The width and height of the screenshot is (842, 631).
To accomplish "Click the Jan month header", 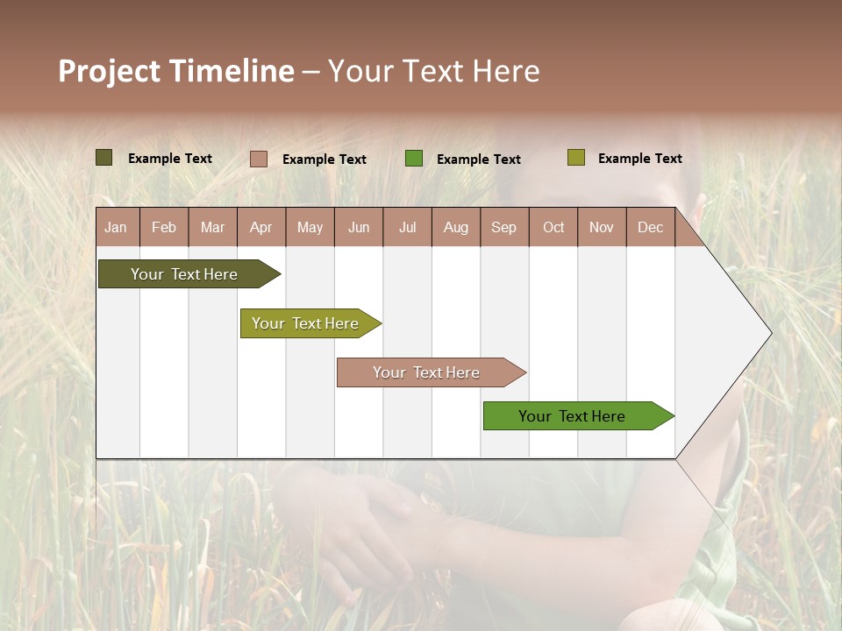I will click(117, 227).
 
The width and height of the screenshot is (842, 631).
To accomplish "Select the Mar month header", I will click(212, 227).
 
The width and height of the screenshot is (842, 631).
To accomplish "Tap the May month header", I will click(310, 227).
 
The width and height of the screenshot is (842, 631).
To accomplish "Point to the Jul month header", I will click(407, 227).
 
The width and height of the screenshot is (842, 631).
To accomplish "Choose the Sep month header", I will click(504, 227).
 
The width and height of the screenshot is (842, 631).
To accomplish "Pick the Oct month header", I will click(553, 227).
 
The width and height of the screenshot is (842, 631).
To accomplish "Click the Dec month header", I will click(650, 227).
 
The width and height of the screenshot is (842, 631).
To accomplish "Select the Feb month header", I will click(164, 227).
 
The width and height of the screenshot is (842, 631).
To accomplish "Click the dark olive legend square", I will click(104, 158).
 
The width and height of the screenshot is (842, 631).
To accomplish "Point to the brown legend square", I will click(259, 159).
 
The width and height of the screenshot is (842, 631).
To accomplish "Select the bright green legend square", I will click(414, 159).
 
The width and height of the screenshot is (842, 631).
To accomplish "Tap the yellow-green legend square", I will click(576, 158).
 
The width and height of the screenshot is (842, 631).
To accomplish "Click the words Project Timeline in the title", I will click(176, 71).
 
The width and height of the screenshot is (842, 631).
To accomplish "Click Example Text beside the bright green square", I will click(478, 160).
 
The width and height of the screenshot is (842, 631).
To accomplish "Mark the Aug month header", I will click(456, 227).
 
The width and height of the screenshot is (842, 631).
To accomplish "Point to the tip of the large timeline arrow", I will click(770, 333).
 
